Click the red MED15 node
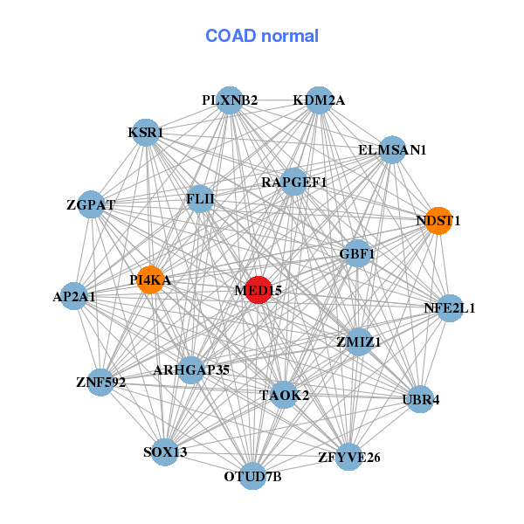coord(258,289)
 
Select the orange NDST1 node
coord(438,221)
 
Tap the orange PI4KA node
coord(150,279)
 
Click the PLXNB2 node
coord(229,100)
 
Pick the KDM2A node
coord(319,100)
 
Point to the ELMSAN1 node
coord(392,150)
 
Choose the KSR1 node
coord(145,133)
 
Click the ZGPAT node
coord(91,205)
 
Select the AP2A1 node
coord(74,297)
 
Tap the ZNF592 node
coord(101,383)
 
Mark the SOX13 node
coord(165,452)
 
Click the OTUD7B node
coord(252,476)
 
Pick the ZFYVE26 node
coord(348,457)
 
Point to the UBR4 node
coord(421,400)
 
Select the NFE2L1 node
coord(450,308)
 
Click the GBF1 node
coord(357,254)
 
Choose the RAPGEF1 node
coord(294,183)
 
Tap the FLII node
coord(200,199)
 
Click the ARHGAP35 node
coord(191,370)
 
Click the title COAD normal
coord(262,37)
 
